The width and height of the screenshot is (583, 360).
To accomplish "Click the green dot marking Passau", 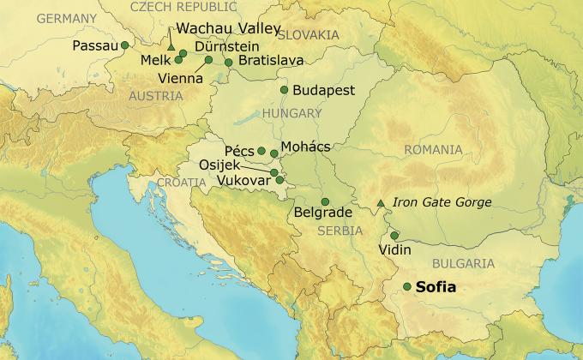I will [x=124, y=45].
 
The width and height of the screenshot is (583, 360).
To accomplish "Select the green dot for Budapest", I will [x=285, y=89].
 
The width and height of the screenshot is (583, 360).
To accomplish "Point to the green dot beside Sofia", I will [x=406, y=286].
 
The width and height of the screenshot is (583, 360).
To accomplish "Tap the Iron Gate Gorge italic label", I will [x=442, y=202].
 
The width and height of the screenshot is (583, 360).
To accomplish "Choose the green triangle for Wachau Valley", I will [x=171, y=45].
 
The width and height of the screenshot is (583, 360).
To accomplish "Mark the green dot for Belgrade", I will [x=325, y=201].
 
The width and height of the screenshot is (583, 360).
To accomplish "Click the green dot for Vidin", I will [x=394, y=236].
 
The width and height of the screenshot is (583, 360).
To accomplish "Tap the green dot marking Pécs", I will [x=261, y=151].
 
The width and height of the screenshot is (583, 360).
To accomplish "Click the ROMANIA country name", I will [x=434, y=150].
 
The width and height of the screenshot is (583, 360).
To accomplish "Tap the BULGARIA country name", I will [x=464, y=263].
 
